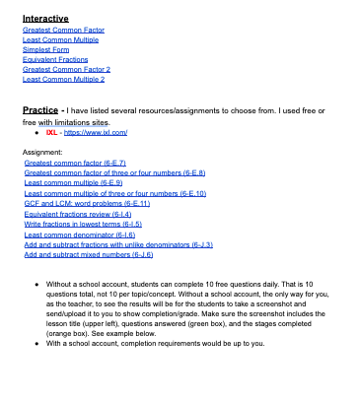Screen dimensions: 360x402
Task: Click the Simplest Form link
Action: pyautogui.click(x=41, y=49)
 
